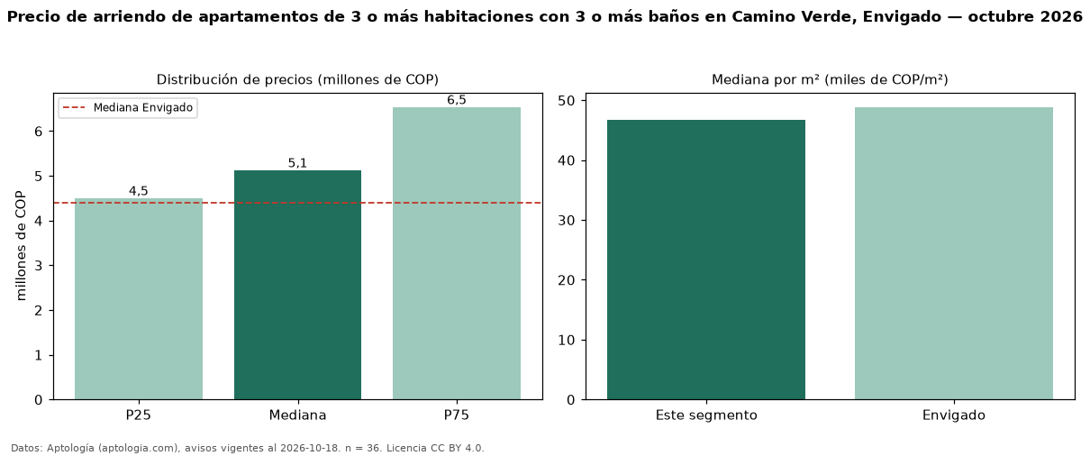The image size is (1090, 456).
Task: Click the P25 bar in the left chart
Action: [138, 299]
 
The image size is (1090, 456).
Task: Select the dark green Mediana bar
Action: [297, 285]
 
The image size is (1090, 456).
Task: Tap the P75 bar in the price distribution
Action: [457, 253]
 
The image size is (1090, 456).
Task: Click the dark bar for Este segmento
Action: [706, 260]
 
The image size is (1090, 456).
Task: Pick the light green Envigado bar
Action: [954, 253]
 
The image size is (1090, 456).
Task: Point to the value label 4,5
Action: [138, 191]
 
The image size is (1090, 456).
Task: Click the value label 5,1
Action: [297, 163]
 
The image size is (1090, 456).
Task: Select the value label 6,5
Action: [457, 100]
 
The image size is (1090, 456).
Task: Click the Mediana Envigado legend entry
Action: [128, 107]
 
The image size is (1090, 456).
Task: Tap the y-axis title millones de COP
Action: [21, 246]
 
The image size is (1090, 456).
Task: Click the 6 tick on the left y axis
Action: [39, 132]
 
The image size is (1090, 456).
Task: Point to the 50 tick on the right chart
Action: [567, 101]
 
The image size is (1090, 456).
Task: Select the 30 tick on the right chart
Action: [567, 221]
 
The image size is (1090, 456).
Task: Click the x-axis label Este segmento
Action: [706, 415]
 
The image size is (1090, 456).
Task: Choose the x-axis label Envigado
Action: [954, 415]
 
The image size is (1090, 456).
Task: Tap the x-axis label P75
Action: [457, 415]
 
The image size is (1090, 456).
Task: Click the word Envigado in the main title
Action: [902, 17]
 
